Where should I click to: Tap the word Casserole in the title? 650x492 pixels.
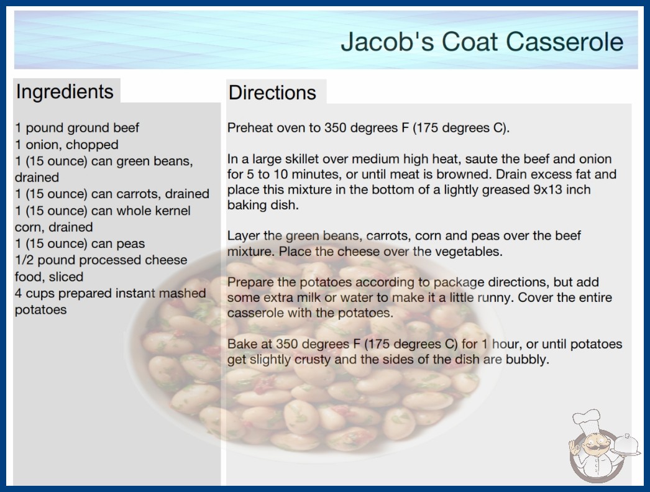[x=564, y=42]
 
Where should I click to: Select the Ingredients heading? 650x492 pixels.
[x=65, y=92]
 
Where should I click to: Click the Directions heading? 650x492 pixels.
[x=272, y=93]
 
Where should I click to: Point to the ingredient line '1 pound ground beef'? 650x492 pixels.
[x=77, y=128]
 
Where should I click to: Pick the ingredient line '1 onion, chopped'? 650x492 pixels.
[x=67, y=145]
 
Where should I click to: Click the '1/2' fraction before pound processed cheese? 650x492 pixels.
[x=24, y=260]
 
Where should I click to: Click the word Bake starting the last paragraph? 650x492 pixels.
[x=242, y=344]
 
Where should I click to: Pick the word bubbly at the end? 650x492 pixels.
[x=528, y=359]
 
